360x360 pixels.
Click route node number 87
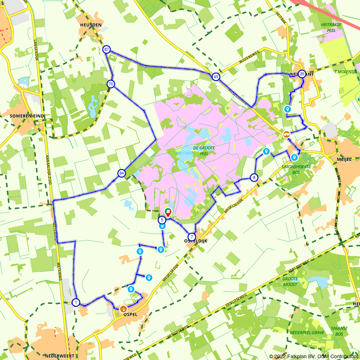106,49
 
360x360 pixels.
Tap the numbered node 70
111,84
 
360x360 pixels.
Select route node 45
215,77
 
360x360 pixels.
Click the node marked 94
121,174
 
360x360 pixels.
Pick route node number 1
76,302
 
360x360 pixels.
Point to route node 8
254,177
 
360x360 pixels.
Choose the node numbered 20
302,74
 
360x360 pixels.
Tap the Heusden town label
89,25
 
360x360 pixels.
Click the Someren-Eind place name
27,116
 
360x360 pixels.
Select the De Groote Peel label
204,150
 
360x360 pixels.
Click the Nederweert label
60,356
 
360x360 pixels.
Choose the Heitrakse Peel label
328,28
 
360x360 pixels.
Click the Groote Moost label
290,282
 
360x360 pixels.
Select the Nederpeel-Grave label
307,333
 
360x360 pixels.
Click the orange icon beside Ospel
123,309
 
